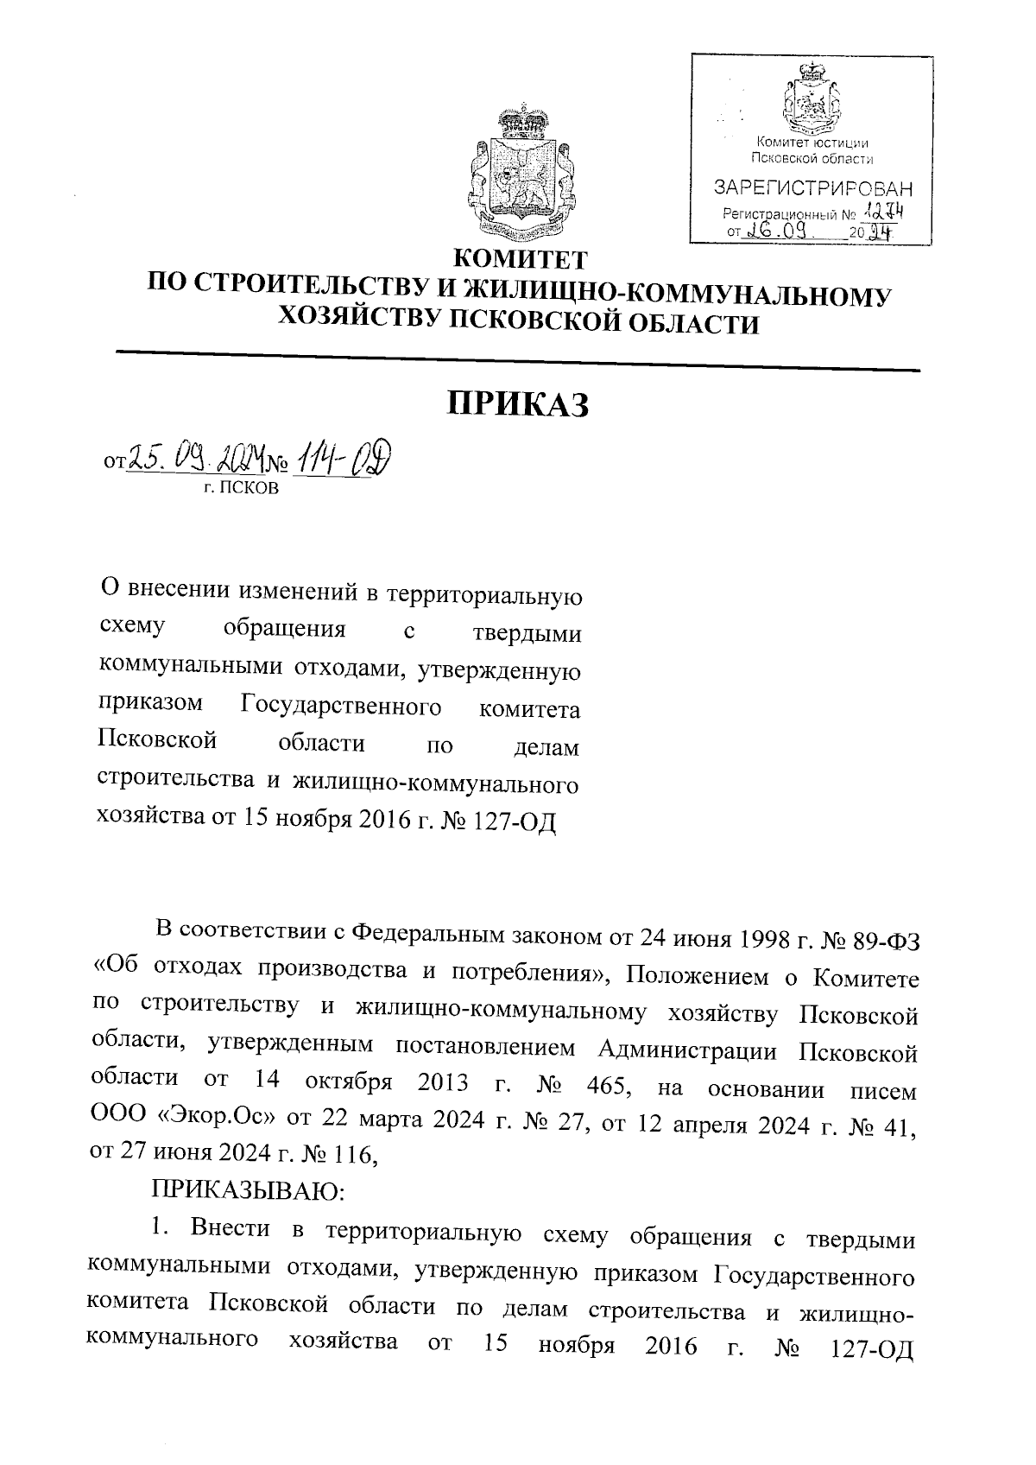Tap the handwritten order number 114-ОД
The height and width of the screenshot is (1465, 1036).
point(342,456)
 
